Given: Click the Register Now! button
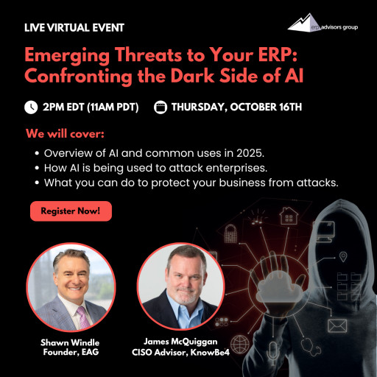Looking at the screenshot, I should tap(71, 211).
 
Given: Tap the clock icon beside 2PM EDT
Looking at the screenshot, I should tap(31, 107).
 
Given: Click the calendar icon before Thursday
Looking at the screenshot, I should tap(161, 107).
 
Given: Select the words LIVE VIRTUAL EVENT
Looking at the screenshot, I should tap(74, 28).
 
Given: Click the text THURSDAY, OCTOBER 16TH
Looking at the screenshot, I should tap(236, 107).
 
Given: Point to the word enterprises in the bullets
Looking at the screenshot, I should tap(240, 167).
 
